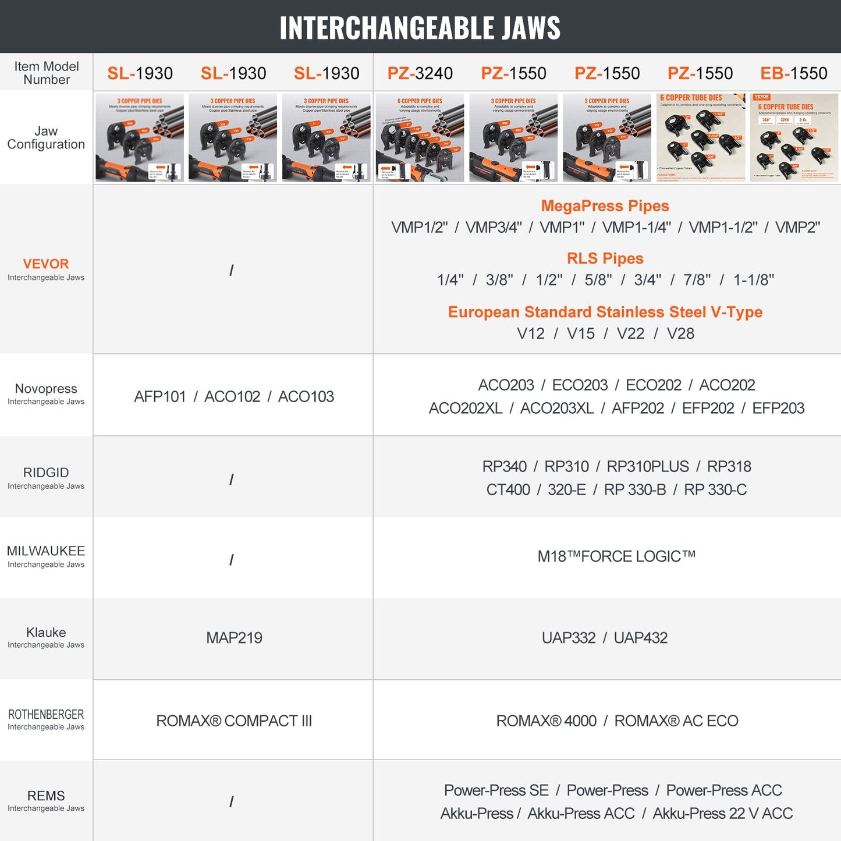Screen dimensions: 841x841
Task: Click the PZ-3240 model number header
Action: [420, 73]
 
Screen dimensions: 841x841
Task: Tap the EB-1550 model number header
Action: [793, 73]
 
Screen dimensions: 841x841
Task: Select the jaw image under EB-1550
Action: [794, 138]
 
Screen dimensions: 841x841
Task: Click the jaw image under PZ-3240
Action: [420, 138]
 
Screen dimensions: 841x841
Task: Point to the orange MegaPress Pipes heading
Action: [605, 206]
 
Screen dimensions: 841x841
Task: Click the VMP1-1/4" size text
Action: [636, 228]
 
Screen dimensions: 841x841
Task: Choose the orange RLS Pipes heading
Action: [605, 258]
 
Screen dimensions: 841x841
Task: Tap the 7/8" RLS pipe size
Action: [697, 280]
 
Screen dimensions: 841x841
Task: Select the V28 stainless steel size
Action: [680, 333]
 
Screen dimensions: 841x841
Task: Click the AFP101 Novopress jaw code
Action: [160, 397]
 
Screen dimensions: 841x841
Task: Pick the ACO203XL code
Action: [557, 409]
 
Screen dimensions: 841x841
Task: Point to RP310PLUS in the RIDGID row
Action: [648, 467]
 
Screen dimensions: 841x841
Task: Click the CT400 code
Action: [508, 490]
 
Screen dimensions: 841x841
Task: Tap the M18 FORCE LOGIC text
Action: [616, 556]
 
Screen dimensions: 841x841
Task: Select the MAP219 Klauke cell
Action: [234, 638]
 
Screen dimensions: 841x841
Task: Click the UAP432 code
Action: [640, 638]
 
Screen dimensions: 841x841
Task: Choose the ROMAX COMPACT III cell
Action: [234, 721]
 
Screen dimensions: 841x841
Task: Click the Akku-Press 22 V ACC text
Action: [722, 814]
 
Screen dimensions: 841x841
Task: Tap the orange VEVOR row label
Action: [46, 264]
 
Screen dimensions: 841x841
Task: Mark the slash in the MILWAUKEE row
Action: [232, 560]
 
